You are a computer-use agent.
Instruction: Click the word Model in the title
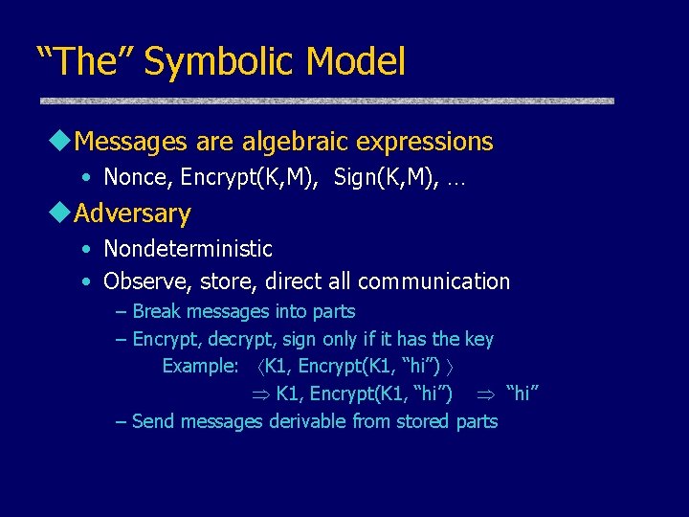[x=356, y=62]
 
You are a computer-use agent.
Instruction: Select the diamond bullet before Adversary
[x=63, y=213]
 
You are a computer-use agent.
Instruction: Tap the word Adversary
[x=132, y=213]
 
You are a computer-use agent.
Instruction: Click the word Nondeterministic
[x=188, y=249]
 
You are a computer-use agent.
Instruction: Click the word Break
[x=157, y=311]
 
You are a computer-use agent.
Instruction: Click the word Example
[x=199, y=366]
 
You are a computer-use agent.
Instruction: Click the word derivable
[x=308, y=421]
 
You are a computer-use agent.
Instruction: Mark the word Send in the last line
[x=153, y=421]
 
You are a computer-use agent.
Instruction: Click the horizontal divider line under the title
[x=325, y=101]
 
